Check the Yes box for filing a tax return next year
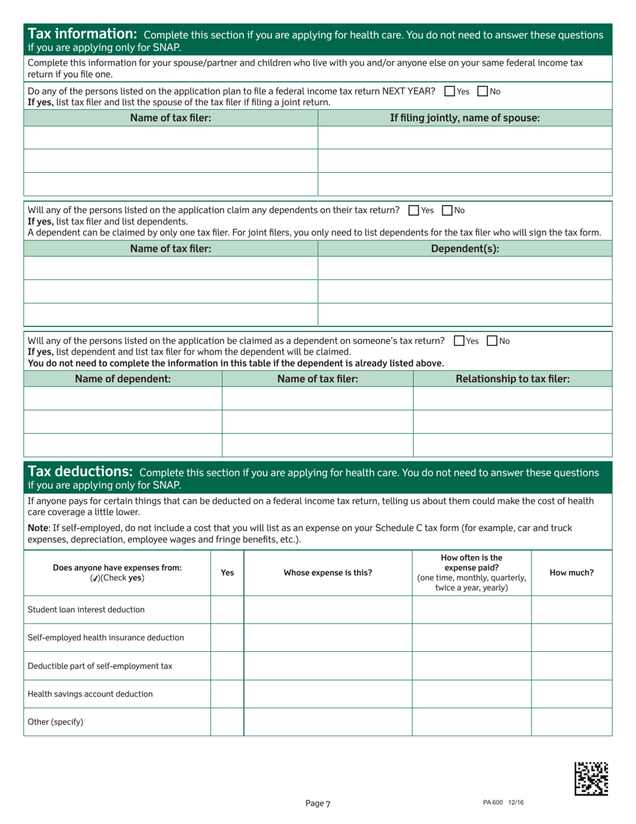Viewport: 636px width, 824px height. [449, 92]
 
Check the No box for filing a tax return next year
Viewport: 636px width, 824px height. [484, 92]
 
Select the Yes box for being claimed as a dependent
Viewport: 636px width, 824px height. [458, 341]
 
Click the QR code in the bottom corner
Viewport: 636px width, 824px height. [592, 778]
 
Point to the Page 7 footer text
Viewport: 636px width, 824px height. [318, 804]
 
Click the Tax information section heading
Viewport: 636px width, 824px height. [82, 33]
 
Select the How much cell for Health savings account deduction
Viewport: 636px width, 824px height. [571, 694]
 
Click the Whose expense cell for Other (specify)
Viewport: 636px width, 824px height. [327, 722]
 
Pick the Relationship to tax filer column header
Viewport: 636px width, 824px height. [512, 379]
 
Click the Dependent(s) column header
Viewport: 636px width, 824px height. [465, 249]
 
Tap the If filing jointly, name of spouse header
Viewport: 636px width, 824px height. [465, 119]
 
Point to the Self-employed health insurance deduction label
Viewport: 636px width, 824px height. [106, 638]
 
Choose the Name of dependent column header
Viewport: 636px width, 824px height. [123, 379]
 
